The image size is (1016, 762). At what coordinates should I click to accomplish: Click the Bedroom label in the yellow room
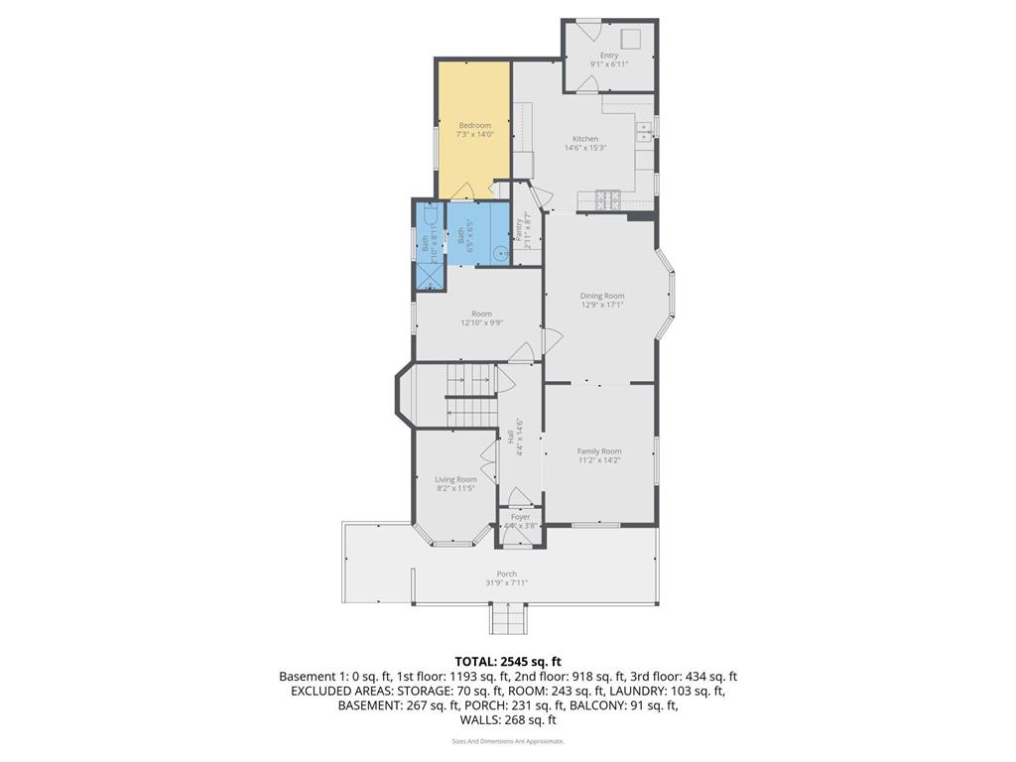pos(474,126)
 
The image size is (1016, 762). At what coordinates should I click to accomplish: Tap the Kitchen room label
pos(584,139)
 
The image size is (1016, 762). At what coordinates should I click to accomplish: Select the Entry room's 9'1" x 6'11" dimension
pos(609,64)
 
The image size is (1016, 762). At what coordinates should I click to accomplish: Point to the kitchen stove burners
pos(607,198)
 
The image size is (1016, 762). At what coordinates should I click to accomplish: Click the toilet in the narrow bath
pos(427,215)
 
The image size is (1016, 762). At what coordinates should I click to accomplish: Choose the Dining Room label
pos(601,296)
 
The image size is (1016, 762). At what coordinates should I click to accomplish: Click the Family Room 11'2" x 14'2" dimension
pos(599,460)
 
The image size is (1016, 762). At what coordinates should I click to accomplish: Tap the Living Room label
pos(455,479)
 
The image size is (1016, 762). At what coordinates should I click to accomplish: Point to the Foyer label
pos(520,517)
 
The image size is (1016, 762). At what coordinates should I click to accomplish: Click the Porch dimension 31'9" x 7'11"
pos(506,582)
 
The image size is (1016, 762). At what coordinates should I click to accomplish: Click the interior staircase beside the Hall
pos(468,394)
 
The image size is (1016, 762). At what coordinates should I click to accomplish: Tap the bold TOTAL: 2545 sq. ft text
pos(507,661)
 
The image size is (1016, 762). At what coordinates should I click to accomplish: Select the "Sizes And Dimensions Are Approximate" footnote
pos(507,741)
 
